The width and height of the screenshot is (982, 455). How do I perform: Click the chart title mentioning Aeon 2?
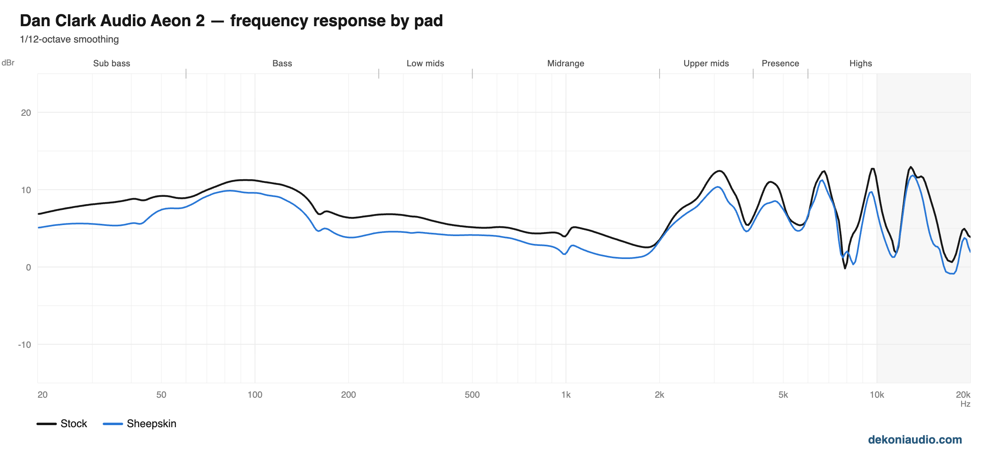point(231,20)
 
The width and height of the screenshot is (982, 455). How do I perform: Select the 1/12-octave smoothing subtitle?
point(69,39)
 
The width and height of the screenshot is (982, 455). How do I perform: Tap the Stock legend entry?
point(62,423)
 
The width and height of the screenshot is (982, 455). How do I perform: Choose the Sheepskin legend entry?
point(140,423)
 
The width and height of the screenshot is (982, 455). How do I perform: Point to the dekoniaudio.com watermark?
point(915,440)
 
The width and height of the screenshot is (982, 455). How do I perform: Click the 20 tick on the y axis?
point(26,113)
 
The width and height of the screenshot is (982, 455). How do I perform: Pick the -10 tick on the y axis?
point(25,345)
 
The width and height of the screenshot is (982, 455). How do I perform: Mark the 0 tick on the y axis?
point(28,267)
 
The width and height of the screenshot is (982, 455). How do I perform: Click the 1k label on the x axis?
point(566,395)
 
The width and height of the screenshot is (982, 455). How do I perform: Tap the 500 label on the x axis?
point(472,395)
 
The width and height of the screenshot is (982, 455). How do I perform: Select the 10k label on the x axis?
point(877,395)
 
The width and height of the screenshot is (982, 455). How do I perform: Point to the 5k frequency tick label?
point(783,395)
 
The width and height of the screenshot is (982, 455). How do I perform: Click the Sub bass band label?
point(112,63)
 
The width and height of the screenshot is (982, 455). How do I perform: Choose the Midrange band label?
point(566,63)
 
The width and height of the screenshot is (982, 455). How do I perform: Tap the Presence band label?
point(780,63)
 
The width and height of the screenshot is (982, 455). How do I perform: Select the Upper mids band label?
point(706,63)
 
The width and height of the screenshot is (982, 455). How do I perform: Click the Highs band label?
point(861,63)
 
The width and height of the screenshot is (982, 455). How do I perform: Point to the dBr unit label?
point(8,63)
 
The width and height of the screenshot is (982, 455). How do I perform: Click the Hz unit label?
point(966,404)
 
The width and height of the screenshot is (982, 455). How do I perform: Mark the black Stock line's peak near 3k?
point(719,171)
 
